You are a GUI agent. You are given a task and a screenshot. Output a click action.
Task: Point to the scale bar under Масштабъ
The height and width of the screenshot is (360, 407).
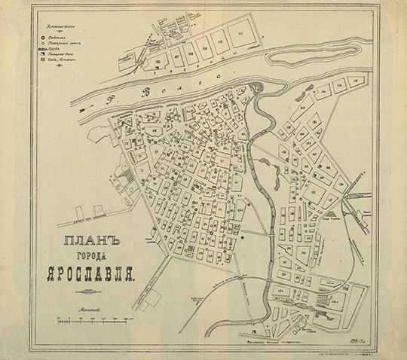(x=91, y=322)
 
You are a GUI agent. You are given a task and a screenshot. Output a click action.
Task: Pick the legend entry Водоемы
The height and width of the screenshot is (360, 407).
(x=60, y=34)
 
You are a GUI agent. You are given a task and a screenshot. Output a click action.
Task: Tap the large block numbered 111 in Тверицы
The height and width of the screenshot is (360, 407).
(x=240, y=34)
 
